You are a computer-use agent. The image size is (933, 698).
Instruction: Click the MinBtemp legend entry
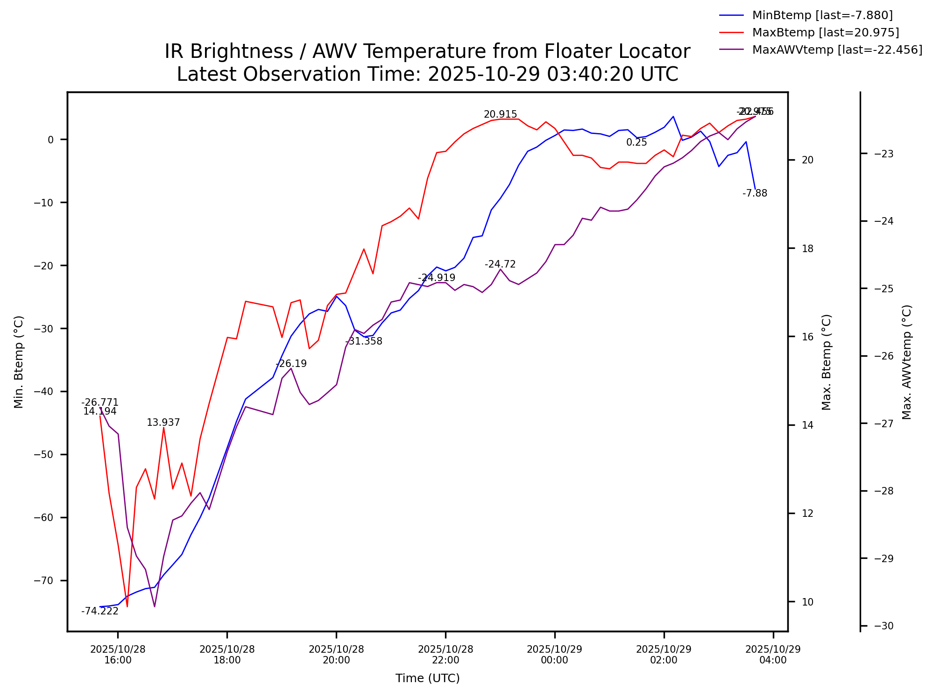[x=822, y=15]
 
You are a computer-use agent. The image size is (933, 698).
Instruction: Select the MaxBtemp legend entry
[x=825, y=33]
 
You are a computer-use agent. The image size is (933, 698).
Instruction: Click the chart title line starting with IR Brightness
[x=427, y=51]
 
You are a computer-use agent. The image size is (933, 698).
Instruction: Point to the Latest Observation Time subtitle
[x=427, y=74]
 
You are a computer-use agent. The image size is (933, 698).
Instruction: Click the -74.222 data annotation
[x=100, y=611]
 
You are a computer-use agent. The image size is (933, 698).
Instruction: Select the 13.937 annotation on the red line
[x=163, y=423]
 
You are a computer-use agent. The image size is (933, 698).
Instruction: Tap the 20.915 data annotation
[x=500, y=114]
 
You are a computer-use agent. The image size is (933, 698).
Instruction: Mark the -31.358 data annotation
[x=364, y=341]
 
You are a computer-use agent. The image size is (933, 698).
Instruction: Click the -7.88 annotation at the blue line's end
[x=755, y=193]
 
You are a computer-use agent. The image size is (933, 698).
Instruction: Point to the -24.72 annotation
[x=500, y=264]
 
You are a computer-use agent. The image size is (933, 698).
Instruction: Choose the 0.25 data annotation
[x=636, y=142]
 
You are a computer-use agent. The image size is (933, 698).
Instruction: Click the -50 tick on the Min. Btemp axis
[x=44, y=455]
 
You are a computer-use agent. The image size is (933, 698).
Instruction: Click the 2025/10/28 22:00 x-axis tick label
[x=445, y=655]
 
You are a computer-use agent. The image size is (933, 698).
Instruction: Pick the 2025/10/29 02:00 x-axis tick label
[x=664, y=655]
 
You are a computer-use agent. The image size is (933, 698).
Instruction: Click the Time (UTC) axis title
[x=427, y=678]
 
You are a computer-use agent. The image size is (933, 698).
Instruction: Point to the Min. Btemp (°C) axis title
[x=19, y=362]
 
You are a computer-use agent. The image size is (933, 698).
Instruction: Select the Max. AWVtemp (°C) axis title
[x=906, y=362]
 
